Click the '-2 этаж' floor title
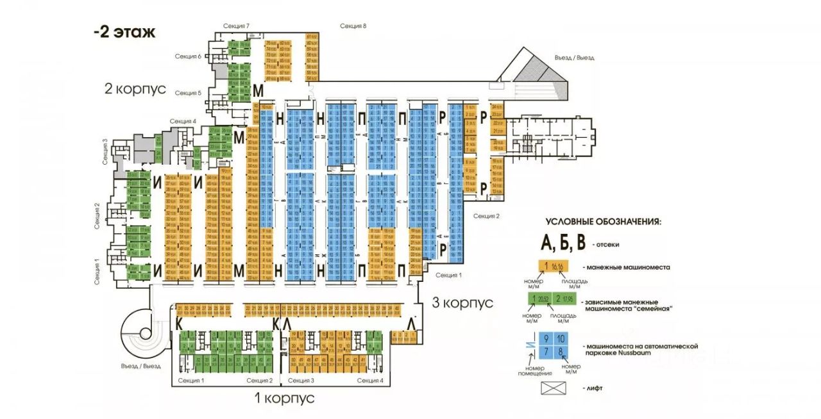tap(124, 33)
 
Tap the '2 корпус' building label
tap(135, 88)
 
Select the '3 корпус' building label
tap(462, 302)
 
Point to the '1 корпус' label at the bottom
tap(285, 398)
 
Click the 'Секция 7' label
tap(236, 26)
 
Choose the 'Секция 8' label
tap(353, 26)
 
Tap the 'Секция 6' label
tap(189, 56)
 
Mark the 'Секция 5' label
tap(189, 93)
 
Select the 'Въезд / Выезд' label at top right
tap(574, 58)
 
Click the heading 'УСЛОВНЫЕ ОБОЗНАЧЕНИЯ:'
tap(603, 222)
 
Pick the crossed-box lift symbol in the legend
tap(552, 388)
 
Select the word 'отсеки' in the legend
tap(607, 245)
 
